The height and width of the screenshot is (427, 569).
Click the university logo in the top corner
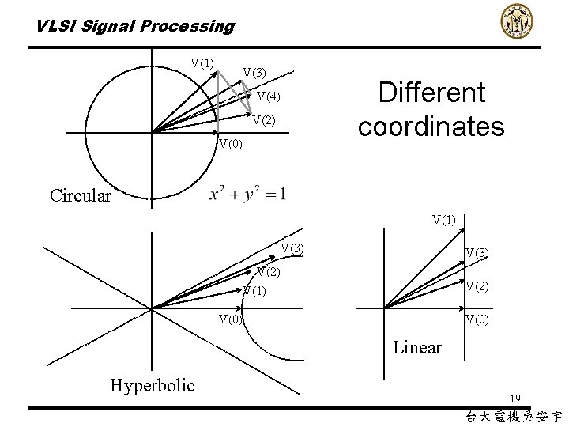click(x=518, y=21)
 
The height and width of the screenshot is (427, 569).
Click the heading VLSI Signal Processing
click(x=135, y=26)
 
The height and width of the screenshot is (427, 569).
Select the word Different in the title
click(x=431, y=93)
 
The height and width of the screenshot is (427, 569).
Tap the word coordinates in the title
click(x=431, y=127)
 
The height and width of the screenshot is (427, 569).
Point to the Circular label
click(x=80, y=195)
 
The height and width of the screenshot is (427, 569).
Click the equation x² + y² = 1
click(x=247, y=195)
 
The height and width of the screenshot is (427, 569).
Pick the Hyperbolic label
click(x=152, y=385)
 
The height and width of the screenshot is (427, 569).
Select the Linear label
click(x=417, y=347)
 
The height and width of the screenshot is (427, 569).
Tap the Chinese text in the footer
click(x=514, y=416)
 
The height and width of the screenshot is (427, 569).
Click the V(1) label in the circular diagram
click(x=202, y=63)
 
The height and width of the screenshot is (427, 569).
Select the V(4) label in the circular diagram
click(x=269, y=97)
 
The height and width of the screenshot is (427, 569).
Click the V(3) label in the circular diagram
click(x=254, y=73)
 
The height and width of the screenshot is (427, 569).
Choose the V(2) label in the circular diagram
click(x=264, y=120)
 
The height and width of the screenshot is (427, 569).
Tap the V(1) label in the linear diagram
click(x=443, y=219)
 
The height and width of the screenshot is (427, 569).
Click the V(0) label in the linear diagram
click(x=477, y=319)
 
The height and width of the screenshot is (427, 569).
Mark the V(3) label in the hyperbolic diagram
click(x=292, y=249)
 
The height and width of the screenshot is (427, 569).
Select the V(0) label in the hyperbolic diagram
click(x=231, y=319)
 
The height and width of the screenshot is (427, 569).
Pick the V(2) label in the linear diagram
click(x=477, y=286)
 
